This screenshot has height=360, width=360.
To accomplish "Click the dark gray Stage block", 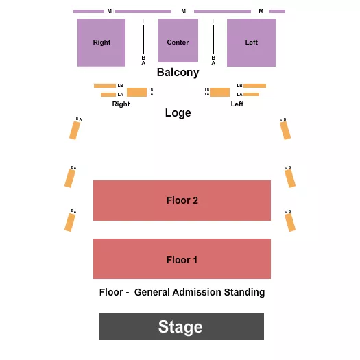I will [181, 326].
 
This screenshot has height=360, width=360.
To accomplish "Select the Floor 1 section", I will [182, 259].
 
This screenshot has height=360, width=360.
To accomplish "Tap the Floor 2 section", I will [182, 200].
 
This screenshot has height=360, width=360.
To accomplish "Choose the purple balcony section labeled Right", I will [101, 43].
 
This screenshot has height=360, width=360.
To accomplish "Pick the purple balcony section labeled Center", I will [178, 42].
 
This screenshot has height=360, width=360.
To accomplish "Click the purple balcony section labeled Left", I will [251, 43].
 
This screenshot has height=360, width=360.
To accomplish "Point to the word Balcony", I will [178, 72].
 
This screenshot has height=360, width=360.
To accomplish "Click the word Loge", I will [178, 113].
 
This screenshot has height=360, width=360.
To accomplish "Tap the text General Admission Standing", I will [200, 292].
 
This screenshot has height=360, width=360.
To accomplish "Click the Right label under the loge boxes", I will [121, 104].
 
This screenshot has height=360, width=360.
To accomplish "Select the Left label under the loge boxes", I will [237, 104].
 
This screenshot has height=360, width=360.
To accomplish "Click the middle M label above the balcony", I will [183, 11].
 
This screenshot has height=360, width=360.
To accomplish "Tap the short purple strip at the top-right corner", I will [277, 11].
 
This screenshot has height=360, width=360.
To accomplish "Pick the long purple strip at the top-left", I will [88, 11].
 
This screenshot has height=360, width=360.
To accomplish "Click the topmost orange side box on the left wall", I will [74, 129].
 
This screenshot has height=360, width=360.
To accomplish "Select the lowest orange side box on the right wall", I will [291, 222].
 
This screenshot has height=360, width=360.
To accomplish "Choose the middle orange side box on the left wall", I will [69, 178].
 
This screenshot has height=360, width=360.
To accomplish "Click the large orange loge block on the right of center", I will [219, 92].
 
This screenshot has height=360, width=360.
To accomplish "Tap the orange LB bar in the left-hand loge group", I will [105, 86].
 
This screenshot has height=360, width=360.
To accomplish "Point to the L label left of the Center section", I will [143, 22].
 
